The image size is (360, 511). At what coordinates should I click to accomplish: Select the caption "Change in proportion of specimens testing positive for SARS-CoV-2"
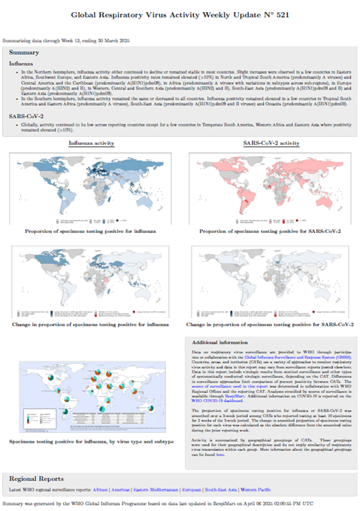pyautogui.click(x=271, y=324)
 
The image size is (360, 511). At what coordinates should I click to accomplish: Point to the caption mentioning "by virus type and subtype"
pyautogui.click(x=93, y=443)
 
